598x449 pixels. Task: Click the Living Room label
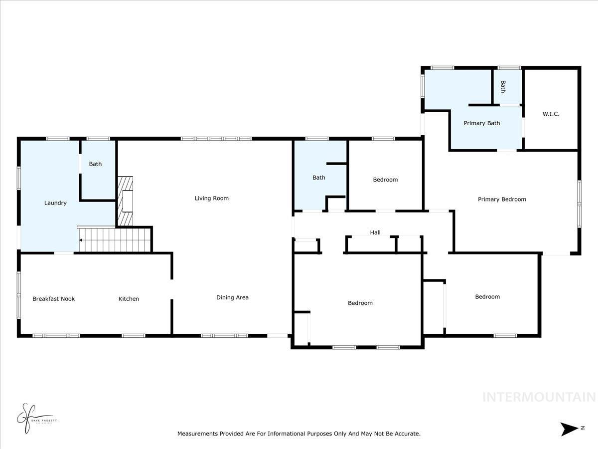(x=211, y=198)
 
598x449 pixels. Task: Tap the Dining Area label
(x=232, y=297)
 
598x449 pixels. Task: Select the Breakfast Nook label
(x=53, y=299)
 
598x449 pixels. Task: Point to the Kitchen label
(x=129, y=299)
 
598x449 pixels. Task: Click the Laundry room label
(x=55, y=203)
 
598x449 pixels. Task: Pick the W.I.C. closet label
(x=551, y=114)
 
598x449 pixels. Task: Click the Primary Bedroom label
(x=502, y=199)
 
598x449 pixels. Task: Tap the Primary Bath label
(x=481, y=123)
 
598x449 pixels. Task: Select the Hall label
(x=375, y=232)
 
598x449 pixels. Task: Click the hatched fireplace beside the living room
(x=126, y=201)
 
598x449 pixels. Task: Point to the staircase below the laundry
(x=115, y=239)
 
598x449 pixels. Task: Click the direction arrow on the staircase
(x=81, y=240)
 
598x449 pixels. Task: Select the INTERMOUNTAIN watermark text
(x=539, y=397)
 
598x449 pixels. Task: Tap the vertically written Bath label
(x=503, y=87)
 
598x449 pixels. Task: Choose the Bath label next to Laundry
(x=95, y=164)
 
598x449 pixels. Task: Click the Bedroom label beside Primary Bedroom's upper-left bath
(x=385, y=180)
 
